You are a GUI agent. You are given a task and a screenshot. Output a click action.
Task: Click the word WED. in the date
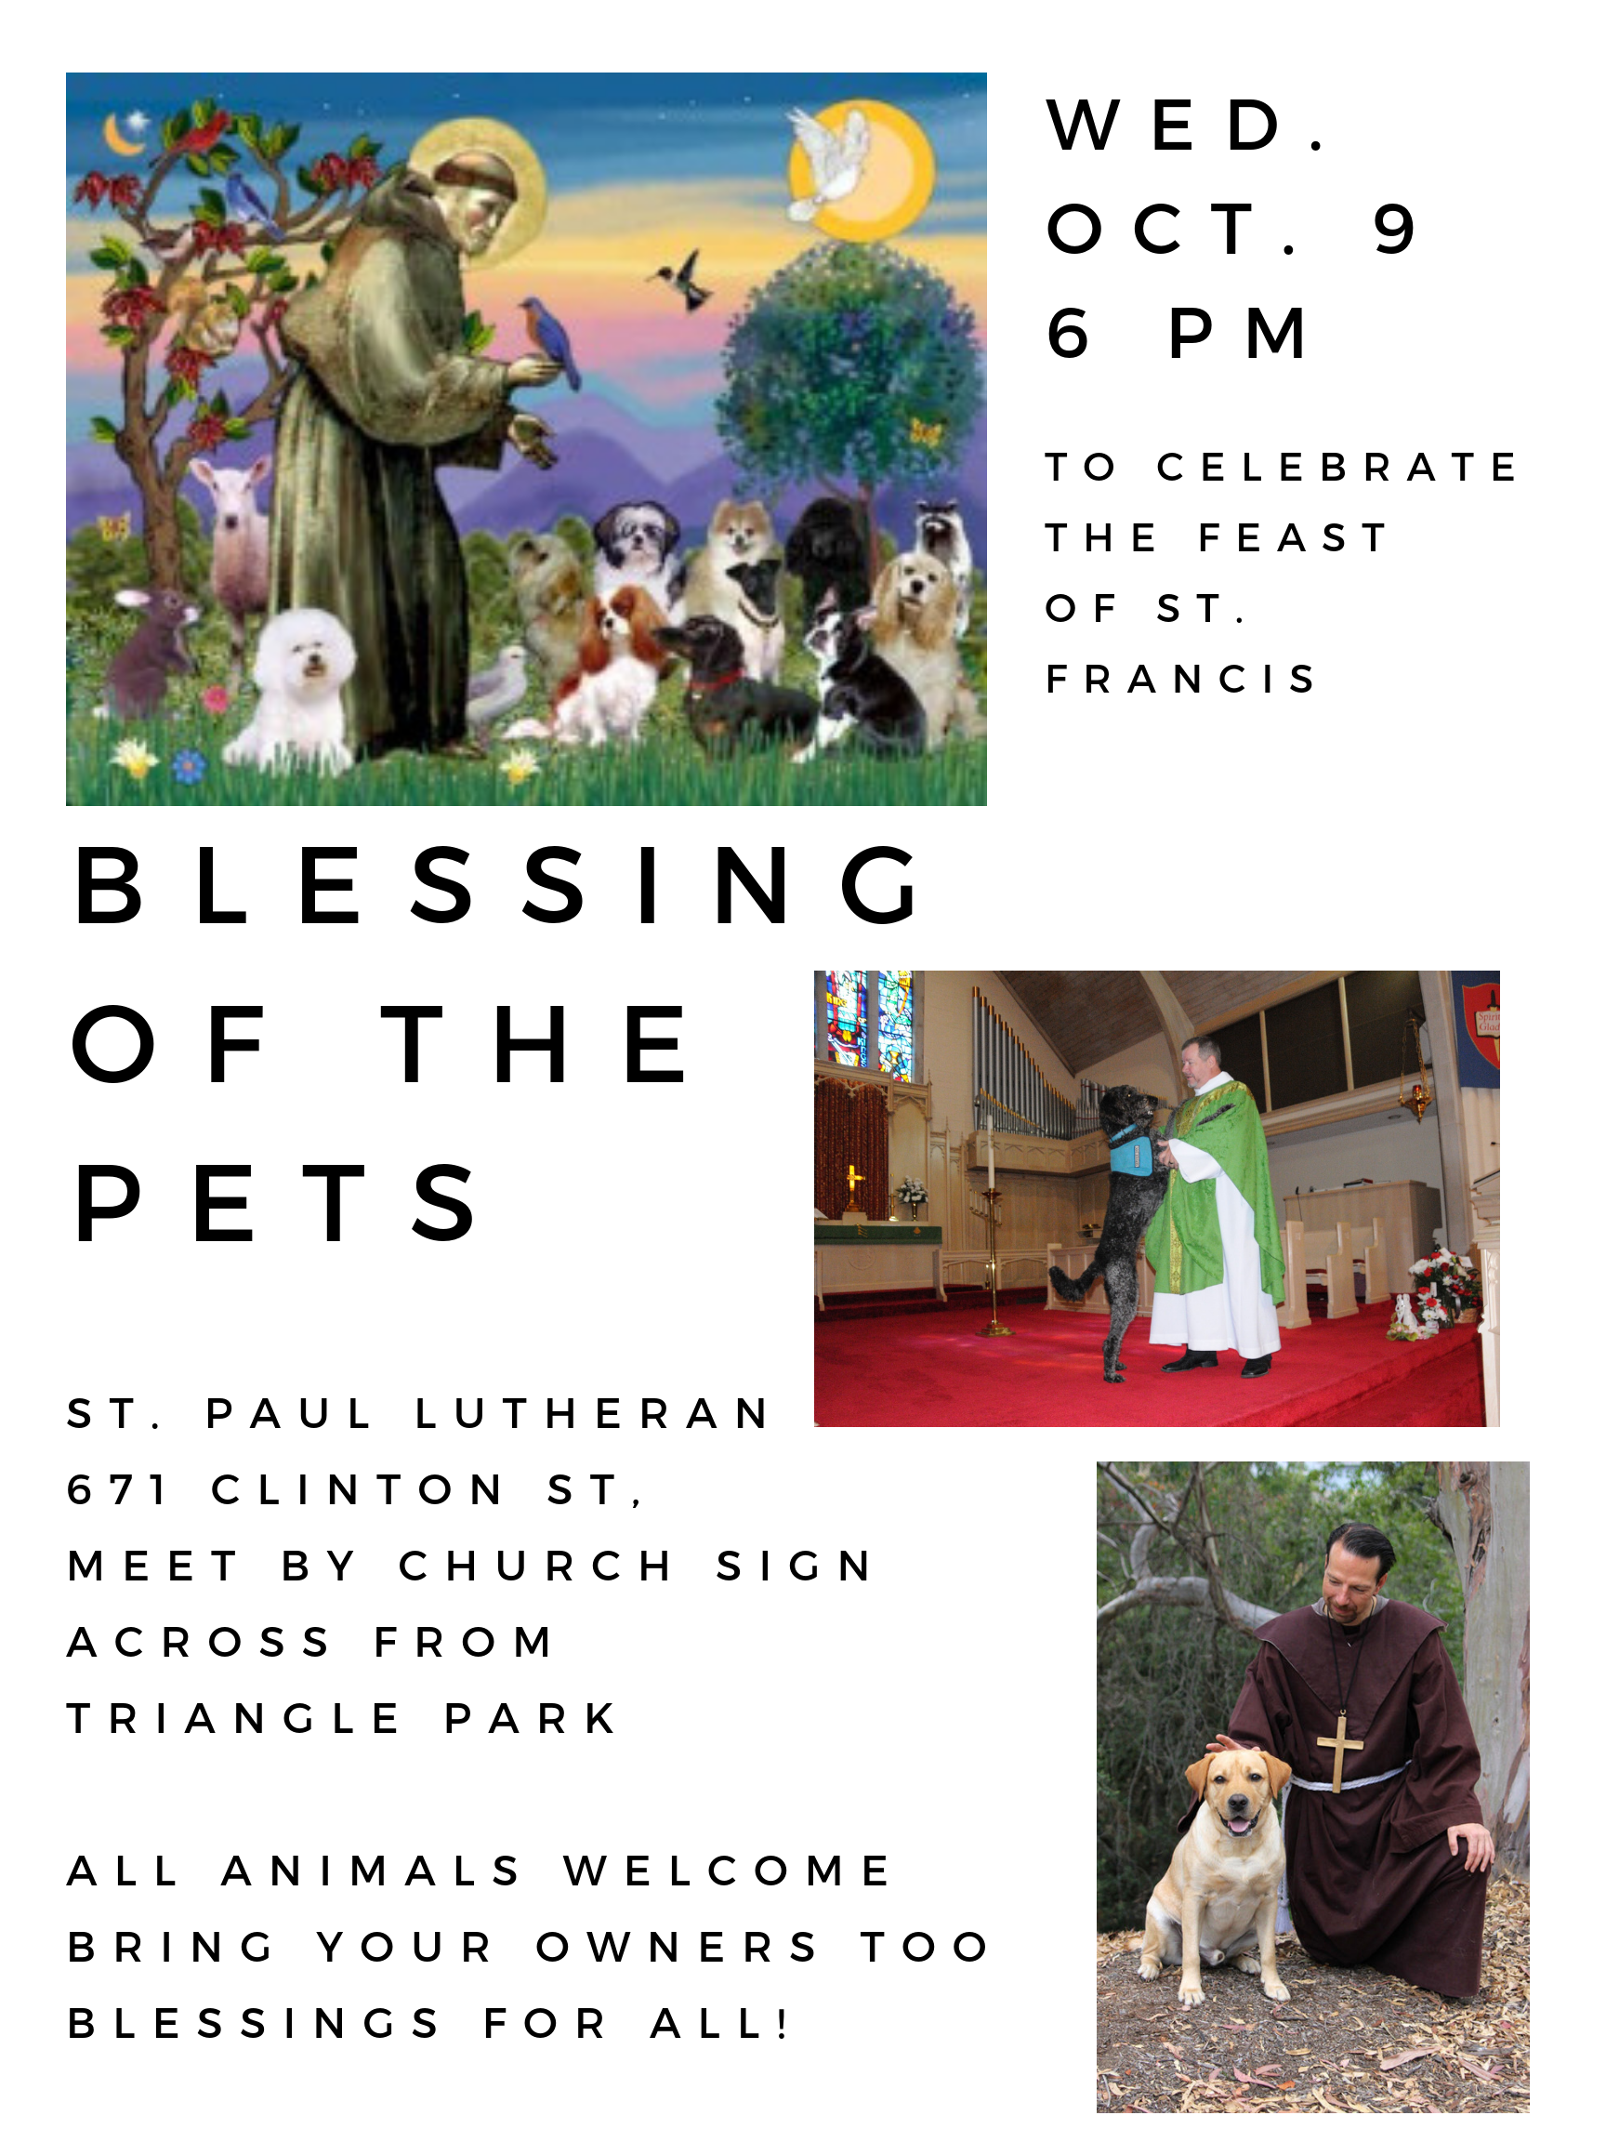[x=1186, y=125]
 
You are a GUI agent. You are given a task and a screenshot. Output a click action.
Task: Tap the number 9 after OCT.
[x=1394, y=230]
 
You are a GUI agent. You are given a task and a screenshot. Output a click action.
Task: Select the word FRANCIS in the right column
[x=1180, y=679]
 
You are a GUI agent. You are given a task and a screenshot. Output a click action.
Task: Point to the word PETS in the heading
[x=275, y=1202]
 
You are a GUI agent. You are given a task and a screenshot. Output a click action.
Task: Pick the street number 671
[x=116, y=1490]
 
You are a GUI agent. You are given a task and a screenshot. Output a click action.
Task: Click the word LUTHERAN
[x=591, y=1414]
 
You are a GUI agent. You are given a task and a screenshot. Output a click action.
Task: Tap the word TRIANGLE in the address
[x=233, y=1719]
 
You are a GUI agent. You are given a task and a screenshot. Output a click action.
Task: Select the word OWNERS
[x=677, y=1948]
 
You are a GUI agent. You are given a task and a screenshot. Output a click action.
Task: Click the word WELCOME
[x=727, y=1871]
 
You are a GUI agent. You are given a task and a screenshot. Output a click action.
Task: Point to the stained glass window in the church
[x=869, y=1025]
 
